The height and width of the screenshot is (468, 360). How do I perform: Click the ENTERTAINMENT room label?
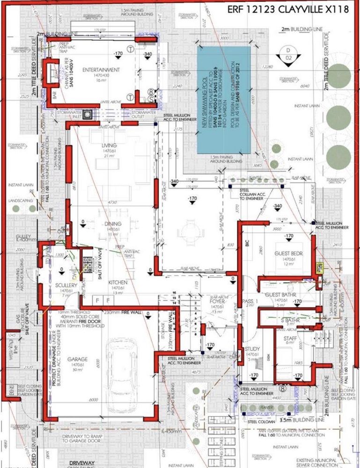101,70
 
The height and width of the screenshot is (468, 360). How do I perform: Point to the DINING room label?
110,224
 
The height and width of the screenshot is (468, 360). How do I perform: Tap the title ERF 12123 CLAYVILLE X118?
288,10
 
